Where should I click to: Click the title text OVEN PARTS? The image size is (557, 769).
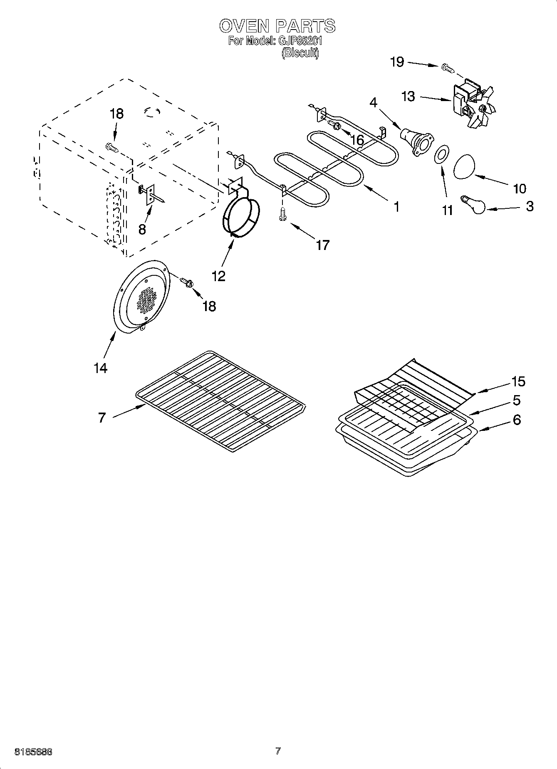277,26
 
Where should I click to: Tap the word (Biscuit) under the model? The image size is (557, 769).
300,53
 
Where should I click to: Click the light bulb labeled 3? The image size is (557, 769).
474,204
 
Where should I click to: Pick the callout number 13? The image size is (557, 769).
408,96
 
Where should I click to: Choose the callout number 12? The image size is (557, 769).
219,276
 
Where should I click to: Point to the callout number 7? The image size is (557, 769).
102,417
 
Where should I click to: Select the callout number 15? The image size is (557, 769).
518,381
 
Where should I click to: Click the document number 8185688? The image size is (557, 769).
33,752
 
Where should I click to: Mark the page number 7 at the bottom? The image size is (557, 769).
278,751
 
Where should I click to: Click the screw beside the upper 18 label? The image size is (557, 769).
111,147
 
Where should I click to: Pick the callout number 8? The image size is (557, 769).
142,229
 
